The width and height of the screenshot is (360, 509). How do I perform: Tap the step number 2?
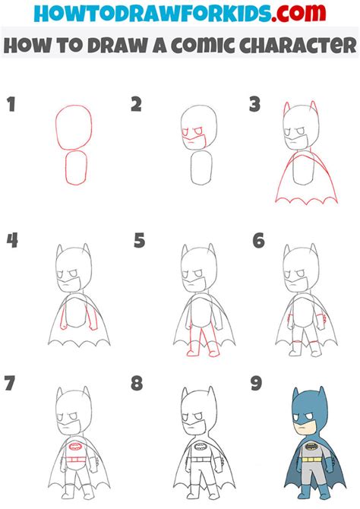tap(136, 105)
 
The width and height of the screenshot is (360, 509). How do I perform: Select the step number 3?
tap(255, 105)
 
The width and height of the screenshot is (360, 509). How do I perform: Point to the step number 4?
tap(12, 241)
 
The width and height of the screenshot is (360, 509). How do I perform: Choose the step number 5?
tap(139, 242)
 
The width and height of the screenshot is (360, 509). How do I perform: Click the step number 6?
tap(258, 241)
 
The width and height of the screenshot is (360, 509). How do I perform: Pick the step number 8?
tap(137, 383)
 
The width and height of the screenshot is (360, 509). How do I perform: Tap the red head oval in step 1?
tap(74, 125)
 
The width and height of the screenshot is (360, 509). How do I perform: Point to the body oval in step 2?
tap(201, 169)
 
